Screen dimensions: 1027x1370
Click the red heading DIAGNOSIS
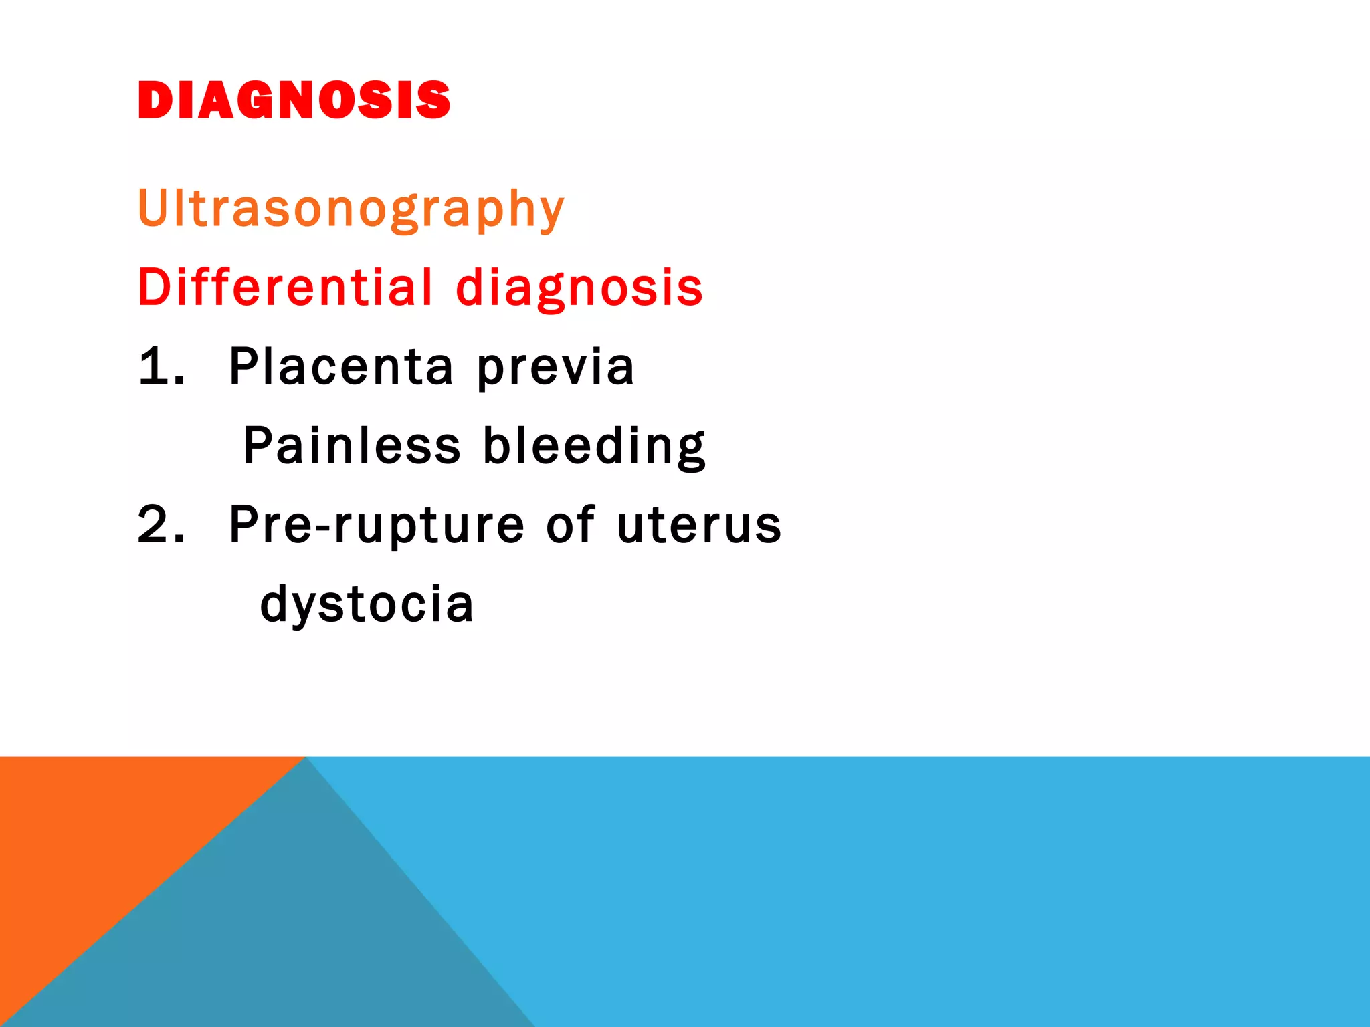tap(294, 100)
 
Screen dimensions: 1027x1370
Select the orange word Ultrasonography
tap(351, 209)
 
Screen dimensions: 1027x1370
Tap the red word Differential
tap(286, 287)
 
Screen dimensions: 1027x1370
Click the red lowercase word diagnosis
tap(579, 288)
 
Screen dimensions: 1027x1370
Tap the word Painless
tap(352, 445)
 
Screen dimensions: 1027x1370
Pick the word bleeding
tap(594, 447)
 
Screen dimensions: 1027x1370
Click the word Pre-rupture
tap(377, 526)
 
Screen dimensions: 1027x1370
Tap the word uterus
tap(699, 526)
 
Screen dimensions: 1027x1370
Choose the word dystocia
tap(367, 604)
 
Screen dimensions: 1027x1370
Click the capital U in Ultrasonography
tap(153, 207)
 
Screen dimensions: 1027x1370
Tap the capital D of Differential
tap(155, 287)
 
